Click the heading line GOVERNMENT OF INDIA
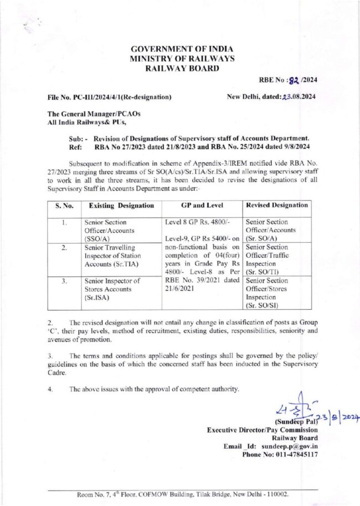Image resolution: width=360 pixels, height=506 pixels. click(182, 49)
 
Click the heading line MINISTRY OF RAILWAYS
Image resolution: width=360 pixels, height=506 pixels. click(182, 58)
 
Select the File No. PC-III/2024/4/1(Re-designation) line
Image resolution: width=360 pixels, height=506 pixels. click(110, 98)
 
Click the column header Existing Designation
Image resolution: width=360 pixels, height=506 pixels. click(119, 206)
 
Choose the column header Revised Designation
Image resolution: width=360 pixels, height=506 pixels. click(276, 206)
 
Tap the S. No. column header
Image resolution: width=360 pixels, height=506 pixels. click(65, 206)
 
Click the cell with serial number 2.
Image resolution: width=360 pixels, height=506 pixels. click(65, 247)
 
